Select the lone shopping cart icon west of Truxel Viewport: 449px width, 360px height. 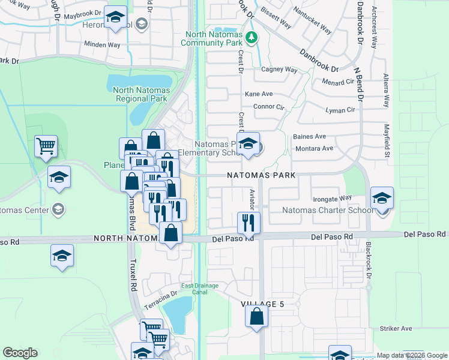46,145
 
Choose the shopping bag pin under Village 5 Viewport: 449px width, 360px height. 257,316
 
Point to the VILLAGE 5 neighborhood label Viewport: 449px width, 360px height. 262,304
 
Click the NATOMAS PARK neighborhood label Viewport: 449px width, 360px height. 261,175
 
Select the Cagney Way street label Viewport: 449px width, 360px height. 279,70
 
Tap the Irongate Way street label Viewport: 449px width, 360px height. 332,198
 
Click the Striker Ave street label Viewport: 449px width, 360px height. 396,328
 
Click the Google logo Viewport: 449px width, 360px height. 20,353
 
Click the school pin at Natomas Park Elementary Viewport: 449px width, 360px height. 247,143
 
